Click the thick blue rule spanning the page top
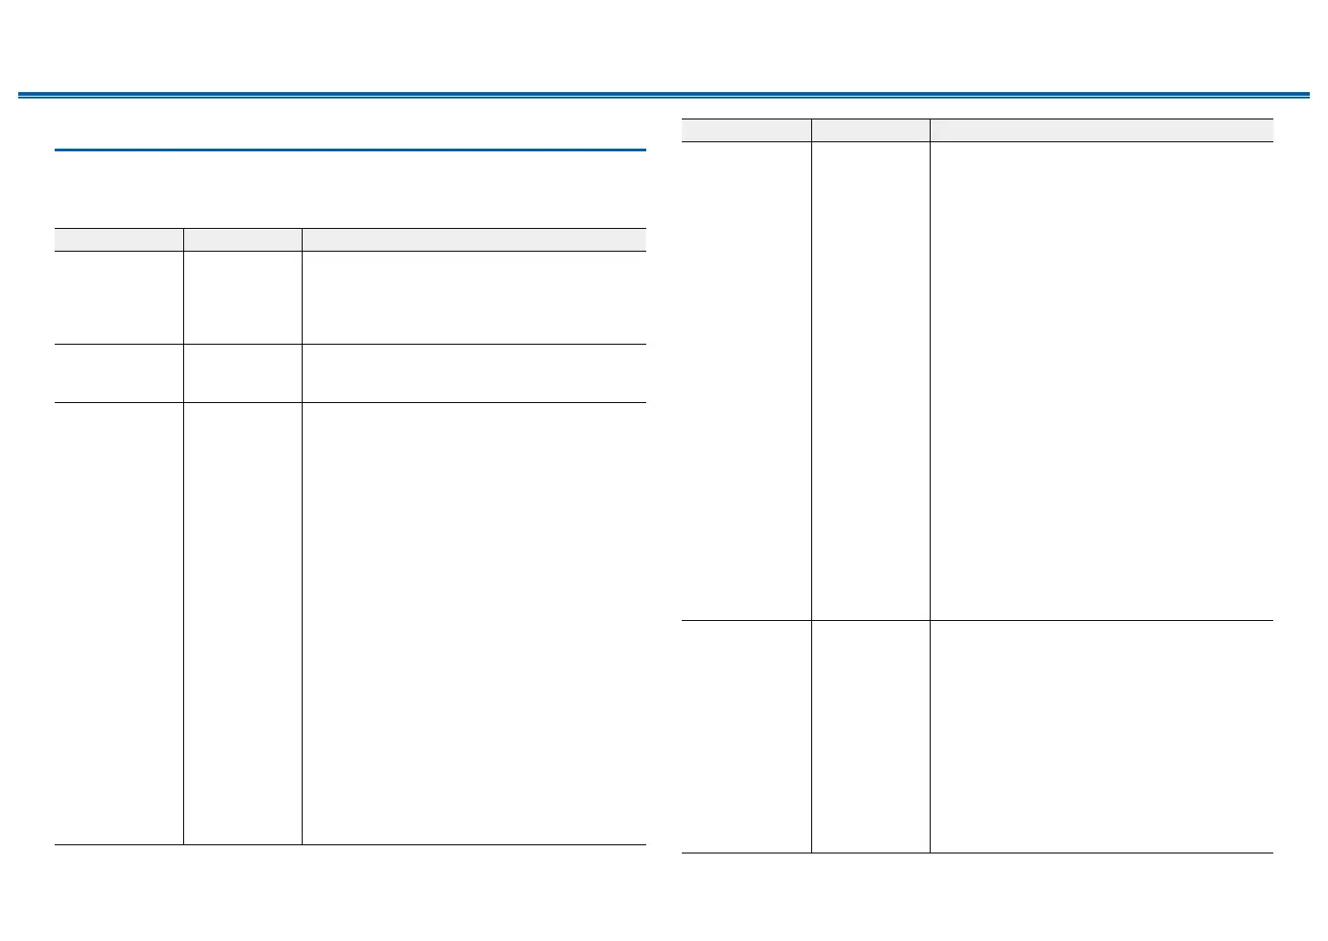click(664, 94)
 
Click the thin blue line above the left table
click(350, 150)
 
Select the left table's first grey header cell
click(118, 239)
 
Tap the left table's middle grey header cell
click(242, 239)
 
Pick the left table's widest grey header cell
click(474, 239)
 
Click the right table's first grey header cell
click(746, 129)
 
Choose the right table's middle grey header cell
click(870, 129)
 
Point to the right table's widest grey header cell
click(1101, 129)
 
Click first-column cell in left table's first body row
click(118, 297)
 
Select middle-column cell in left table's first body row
click(242, 297)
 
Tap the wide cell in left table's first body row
click(474, 297)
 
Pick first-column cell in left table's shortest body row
click(118, 373)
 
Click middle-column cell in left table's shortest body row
click(242, 373)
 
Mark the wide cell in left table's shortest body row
click(474, 373)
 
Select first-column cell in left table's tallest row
click(118, 624)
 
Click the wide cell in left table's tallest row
click(474, 624)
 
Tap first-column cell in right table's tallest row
click(746, 381)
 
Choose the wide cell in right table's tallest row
click(1101, 381)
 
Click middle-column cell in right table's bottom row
click(870, 737)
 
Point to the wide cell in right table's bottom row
click(1101, 737)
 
